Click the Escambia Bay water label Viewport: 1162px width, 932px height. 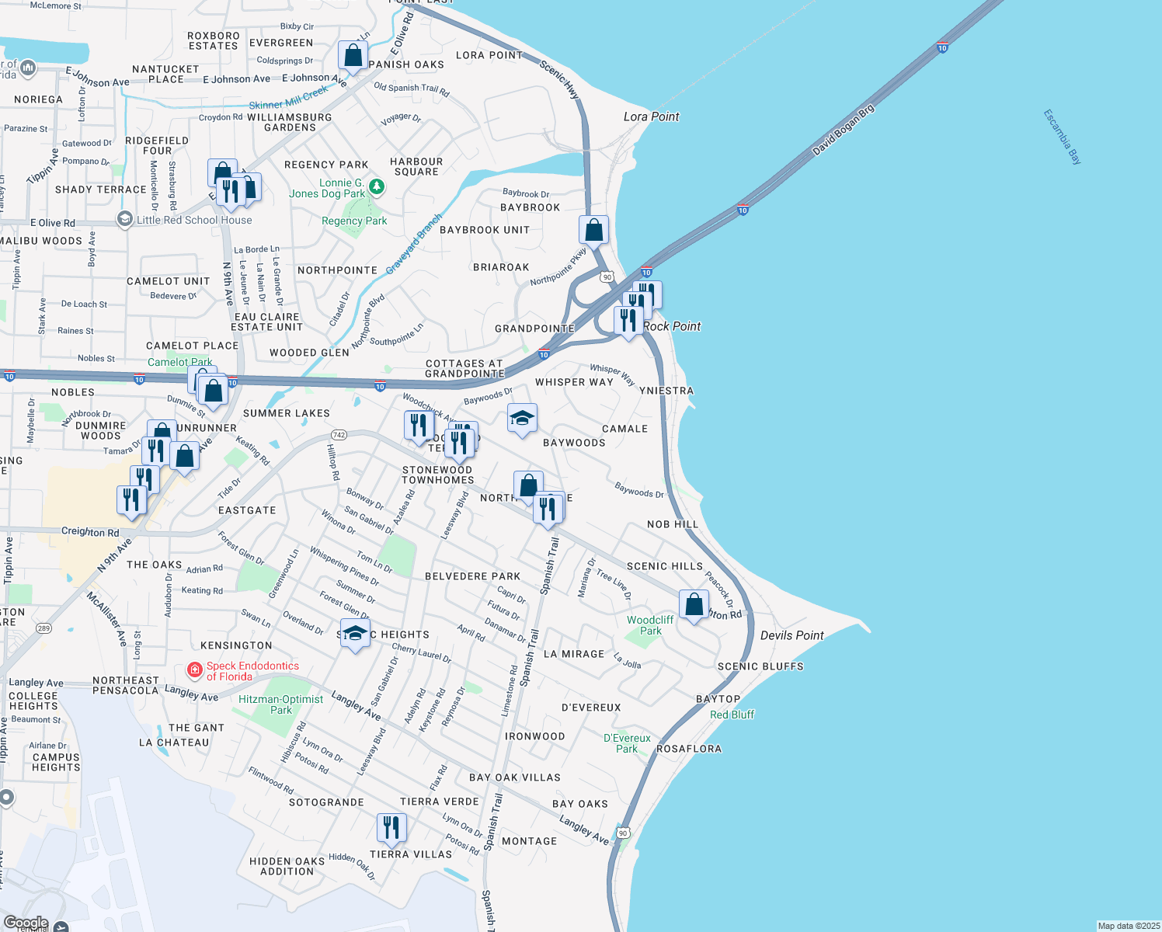1063,137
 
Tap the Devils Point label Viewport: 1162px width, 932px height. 791,635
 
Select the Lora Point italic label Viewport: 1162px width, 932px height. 651,116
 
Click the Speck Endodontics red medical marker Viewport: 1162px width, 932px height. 195,669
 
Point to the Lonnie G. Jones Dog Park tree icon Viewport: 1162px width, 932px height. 377,186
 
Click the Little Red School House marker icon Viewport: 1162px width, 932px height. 125,220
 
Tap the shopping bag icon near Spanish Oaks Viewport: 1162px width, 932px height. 353,57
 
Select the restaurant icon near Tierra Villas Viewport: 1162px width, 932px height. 391,828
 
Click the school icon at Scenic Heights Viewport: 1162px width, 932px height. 355,634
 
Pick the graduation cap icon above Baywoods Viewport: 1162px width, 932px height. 522,419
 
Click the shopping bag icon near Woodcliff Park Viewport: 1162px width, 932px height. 694,604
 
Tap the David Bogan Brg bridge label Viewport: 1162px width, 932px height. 844,130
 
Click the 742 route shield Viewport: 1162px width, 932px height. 339,435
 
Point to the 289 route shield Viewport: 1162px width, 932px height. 43,628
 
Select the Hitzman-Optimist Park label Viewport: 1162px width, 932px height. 280,704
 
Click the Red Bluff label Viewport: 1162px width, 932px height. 732,715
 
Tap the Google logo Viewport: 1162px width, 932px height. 26,923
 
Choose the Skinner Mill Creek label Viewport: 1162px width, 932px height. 288,99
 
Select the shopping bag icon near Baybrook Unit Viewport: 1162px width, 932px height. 593,231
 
